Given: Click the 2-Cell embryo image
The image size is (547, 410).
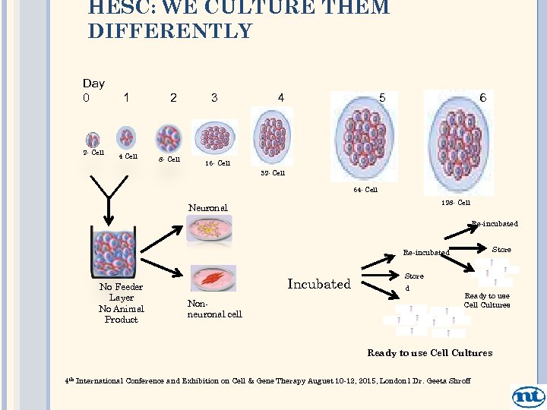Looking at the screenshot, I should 93,140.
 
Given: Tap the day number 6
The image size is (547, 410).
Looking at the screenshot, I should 482,98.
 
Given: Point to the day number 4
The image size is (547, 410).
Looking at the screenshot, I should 281,98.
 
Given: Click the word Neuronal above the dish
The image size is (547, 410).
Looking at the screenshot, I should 207,207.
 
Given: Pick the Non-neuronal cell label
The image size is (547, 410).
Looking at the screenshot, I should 214,308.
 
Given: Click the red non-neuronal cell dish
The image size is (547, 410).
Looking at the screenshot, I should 213,279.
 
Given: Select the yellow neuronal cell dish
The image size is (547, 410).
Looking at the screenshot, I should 209,229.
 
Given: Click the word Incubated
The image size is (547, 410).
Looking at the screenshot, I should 318,284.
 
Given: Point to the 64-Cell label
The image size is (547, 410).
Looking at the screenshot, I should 365,190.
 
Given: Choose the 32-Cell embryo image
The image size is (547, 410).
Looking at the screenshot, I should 271,137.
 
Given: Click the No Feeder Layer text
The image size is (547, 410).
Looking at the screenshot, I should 121,292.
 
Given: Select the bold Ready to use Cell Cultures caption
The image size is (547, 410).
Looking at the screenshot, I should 429,352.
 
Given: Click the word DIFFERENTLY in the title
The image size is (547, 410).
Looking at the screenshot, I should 169,31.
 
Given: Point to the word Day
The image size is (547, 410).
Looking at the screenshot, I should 93,83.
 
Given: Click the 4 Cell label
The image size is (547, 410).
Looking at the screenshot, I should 128,156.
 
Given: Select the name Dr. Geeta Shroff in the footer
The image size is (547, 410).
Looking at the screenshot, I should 442,381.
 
